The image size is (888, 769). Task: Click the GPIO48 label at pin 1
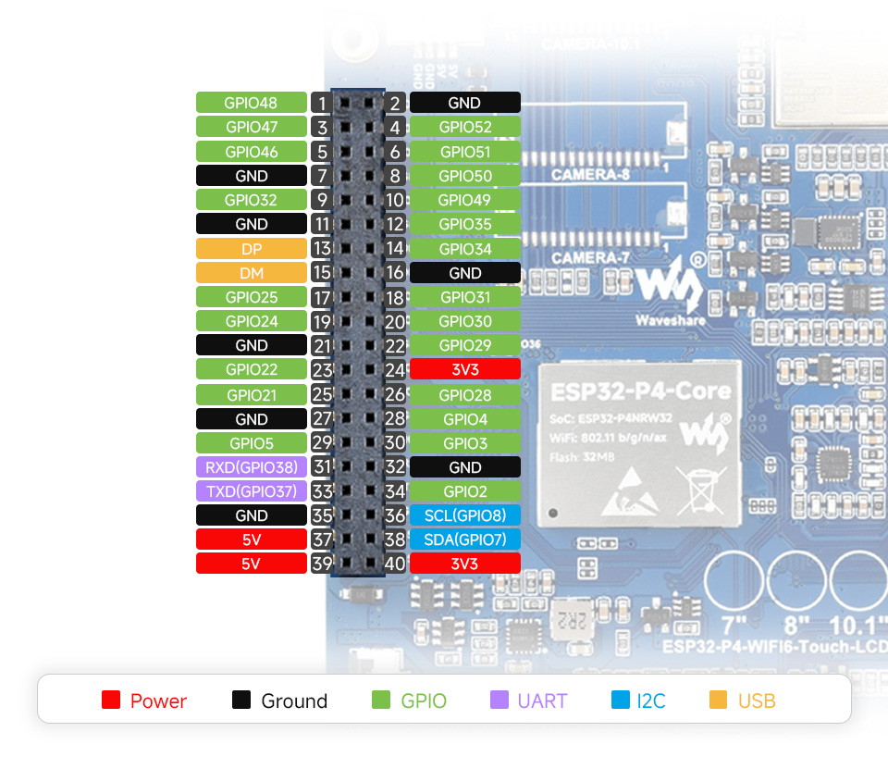[251, 103]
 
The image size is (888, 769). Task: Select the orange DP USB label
[251, 249]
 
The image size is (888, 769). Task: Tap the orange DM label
[251, 273]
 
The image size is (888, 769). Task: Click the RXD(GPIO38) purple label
[251, 467]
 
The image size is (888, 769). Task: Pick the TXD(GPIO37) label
[251, 491]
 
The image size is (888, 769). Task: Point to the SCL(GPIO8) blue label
[464, 515]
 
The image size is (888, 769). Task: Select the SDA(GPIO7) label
[464, 540]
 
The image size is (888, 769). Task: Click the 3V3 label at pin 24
[464, 369]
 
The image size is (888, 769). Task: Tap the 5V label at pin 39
[251, 564]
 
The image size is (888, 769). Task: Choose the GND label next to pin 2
[464, 103]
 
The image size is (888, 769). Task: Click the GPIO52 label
[464, 127]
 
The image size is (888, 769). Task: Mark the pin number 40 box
[396, 564]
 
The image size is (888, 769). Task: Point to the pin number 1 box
[321, 103]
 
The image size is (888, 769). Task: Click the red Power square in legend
[111, 701]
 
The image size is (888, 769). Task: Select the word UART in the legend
[542, 701]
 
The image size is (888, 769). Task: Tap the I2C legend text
[651, 701]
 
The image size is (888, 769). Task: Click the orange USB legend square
[719, 701]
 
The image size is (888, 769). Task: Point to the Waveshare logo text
[671, 320]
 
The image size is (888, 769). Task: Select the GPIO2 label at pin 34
[464, 491]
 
